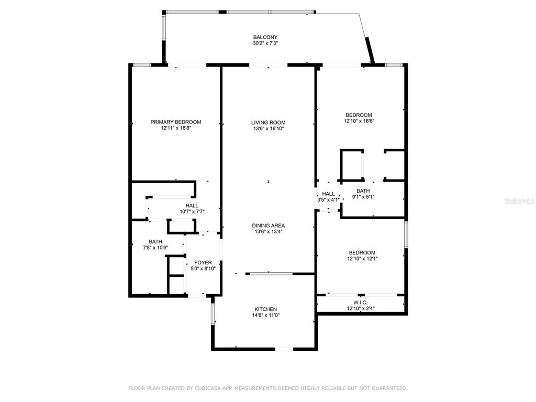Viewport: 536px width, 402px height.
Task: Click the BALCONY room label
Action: pos(265,37)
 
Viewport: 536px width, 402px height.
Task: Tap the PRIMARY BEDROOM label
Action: pos(176,122)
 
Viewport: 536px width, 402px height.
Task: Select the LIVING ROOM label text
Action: pos(269,122)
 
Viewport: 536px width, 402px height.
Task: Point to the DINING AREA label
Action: pos(269,226)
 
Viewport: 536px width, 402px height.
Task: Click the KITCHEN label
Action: pos(265,309)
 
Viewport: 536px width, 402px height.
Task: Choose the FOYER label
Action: pos(203,263)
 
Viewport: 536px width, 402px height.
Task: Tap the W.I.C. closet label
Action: pos(360,303)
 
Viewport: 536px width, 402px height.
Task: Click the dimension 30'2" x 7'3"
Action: pos(265,43)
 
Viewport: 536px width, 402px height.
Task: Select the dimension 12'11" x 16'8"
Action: pos(176,129)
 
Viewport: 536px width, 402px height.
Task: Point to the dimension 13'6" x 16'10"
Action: pos(269,129)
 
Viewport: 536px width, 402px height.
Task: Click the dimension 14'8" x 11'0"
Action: pos(266,316)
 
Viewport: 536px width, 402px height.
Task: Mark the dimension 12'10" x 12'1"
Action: pos(362,259)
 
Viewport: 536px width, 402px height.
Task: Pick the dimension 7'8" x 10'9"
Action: pos(155,248)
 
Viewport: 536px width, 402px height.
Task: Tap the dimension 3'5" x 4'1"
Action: pos(328,200)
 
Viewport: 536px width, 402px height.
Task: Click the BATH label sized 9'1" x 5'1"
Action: pos(363,191)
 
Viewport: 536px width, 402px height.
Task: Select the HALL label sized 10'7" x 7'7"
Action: pos(192,205)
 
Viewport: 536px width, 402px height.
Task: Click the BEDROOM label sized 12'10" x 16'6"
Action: pos(359,115)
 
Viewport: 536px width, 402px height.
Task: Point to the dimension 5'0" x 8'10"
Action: pos(203,269)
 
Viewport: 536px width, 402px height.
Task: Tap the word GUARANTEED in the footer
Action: pos(389,388)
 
